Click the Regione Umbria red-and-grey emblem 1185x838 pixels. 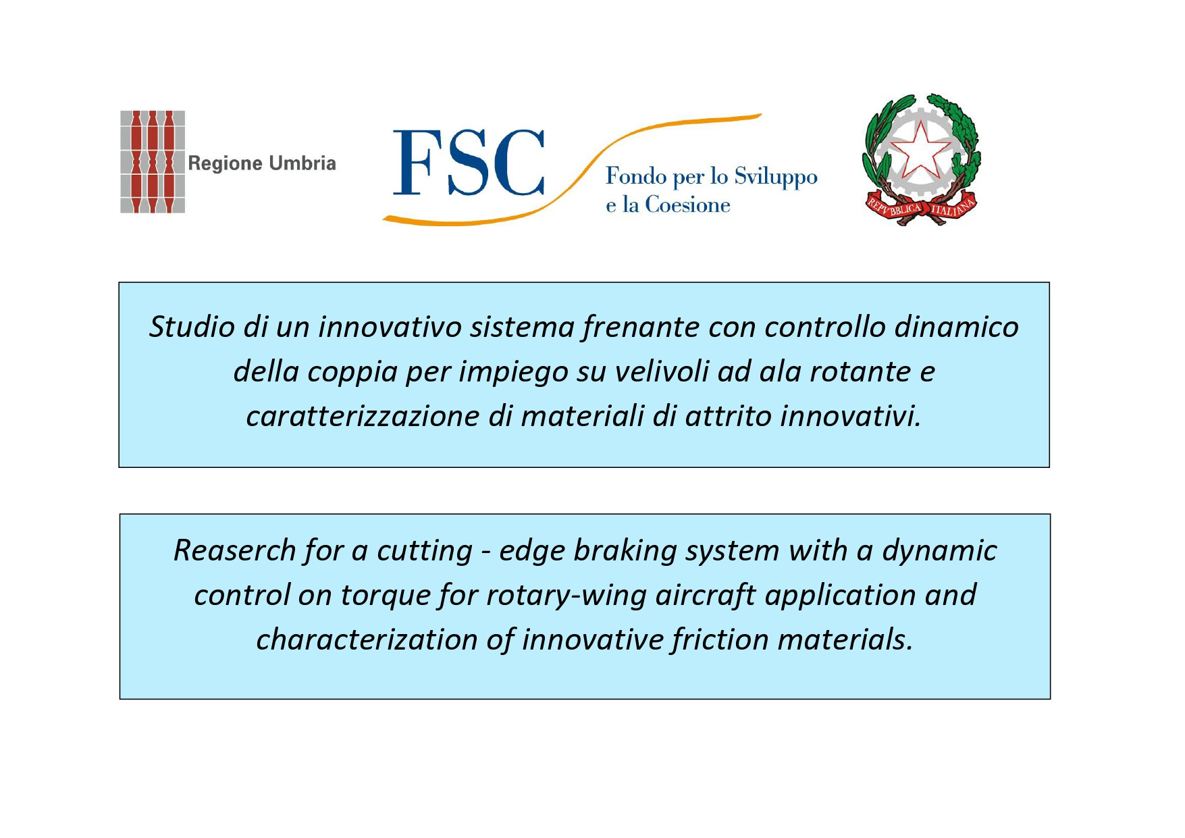153,162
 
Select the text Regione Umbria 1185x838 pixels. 262,163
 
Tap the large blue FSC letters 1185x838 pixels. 469,162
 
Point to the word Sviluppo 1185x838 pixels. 776,178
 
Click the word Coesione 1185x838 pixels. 687,205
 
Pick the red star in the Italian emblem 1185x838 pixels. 922,150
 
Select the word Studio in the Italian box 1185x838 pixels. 192,327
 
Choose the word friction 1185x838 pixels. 720,640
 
